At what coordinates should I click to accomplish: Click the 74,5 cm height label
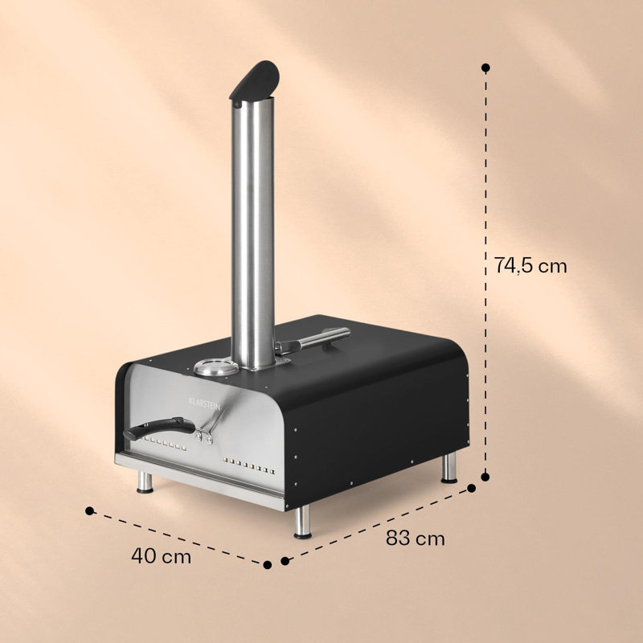pos(530,266)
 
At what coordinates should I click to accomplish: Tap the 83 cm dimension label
pos(415,538)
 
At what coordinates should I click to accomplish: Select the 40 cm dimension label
pos(162,556)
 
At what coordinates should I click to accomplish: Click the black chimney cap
pos(255,80)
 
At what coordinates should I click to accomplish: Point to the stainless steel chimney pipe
pos(252,233)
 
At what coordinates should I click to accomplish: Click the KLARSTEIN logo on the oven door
pos(205,404)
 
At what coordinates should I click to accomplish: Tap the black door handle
pos(159,428)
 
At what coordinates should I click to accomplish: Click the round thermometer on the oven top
pos(216,367)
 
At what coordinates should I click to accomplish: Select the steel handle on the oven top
pos(313,340)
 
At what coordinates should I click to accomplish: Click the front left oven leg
pos(145,482)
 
